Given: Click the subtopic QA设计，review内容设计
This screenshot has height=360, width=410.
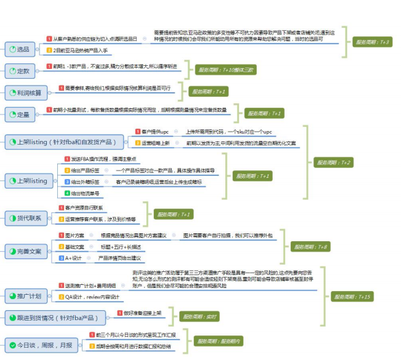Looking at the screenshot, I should coord(92,297).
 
